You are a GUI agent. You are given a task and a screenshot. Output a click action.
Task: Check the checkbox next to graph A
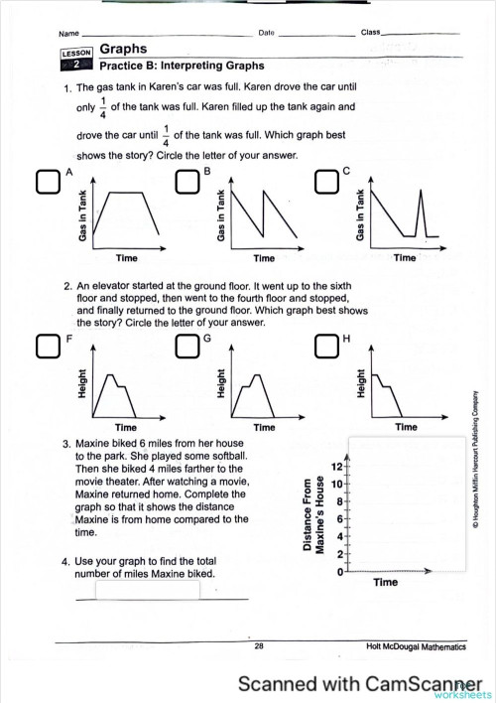click(x=48, y=182)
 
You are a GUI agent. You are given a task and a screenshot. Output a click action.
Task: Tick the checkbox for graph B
click(x=187, y=182)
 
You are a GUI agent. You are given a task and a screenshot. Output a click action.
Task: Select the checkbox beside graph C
click(x=326, y=182)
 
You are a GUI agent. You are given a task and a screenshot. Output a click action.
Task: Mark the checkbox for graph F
click(x=48, y=346)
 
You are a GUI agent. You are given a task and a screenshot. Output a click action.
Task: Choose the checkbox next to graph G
click(x=187, y=346)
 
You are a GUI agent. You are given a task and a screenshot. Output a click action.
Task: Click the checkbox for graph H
click(x=326, y=346)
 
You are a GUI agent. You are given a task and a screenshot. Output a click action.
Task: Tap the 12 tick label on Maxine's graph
click(x=337, y=467)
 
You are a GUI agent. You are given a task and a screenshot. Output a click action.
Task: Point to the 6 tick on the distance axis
click(x=339, y=519)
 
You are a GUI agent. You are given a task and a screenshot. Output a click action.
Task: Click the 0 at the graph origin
click(x=339, y=572)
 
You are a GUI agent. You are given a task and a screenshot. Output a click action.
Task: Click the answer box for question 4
click(x=148, y=590)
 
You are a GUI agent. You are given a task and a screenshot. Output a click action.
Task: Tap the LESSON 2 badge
click(x=76, y=60)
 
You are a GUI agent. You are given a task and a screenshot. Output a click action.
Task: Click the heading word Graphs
click(x=123, y=49)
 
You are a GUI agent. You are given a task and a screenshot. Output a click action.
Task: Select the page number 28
click(x=259, y=646)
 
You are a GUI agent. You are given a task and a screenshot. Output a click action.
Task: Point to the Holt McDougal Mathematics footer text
click(x=416, y=646)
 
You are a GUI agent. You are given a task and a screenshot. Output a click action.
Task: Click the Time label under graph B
click(x=264, y=258)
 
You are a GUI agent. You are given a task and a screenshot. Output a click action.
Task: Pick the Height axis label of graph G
click(x=220, y=383)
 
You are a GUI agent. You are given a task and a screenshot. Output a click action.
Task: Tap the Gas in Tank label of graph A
click(x=82, y=215)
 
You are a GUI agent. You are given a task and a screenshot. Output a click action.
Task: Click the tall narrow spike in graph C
click(x=421, y=212)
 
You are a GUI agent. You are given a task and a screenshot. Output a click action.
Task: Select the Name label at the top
click(x=68, y=34)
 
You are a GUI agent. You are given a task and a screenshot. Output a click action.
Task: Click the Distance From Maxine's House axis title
click(x=313, y=514)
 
